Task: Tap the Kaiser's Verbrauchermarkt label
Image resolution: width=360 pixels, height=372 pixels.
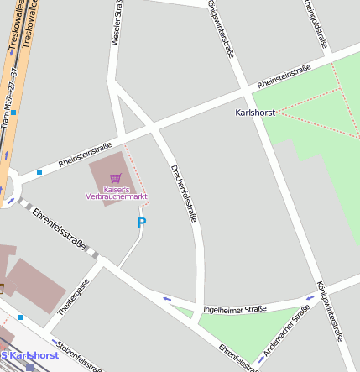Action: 117,192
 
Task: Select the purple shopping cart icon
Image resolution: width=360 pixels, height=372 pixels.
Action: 115,178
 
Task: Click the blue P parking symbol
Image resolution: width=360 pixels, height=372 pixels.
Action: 141,223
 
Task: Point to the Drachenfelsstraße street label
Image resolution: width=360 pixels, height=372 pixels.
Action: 183,191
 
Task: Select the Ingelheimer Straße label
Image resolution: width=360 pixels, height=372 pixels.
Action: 235,309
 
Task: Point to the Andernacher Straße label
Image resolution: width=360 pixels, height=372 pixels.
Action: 287,329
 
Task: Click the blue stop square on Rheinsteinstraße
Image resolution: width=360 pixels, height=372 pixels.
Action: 39,173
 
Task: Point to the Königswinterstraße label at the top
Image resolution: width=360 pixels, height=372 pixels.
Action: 220,27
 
